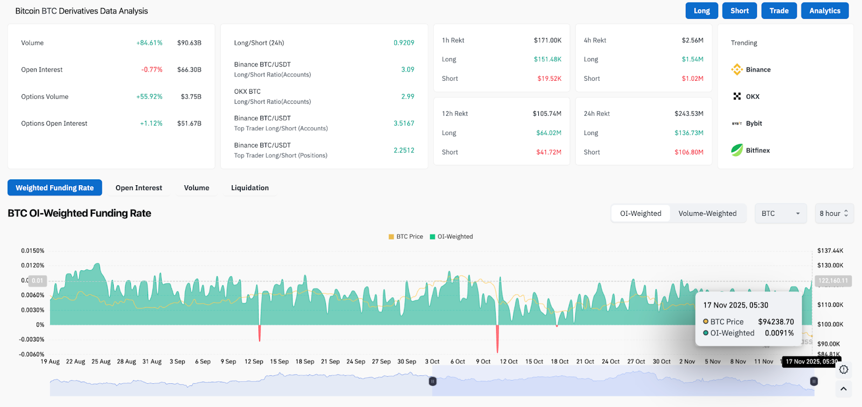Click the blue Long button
(701, 11)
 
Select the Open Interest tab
(138, 188)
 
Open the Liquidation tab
(249, 188)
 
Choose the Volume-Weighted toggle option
(707, 214)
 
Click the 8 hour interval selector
(833, 214)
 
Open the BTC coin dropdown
(780, 214)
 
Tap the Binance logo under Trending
(737, 69)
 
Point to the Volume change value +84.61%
(149, 43)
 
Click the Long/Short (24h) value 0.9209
(404, 43)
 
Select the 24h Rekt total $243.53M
(689, 114)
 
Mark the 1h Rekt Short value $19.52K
(549, 79)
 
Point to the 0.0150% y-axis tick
(33, 251)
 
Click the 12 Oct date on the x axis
(509, 362)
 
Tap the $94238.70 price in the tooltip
(776, 322)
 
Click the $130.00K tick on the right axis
(830, 265)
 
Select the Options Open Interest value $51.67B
(189, 124)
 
